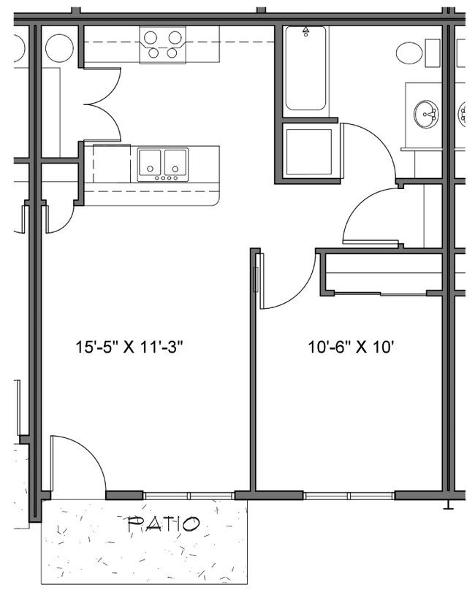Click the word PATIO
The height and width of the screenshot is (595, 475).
(164, 524)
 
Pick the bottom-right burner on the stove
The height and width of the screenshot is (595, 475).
(172, 52)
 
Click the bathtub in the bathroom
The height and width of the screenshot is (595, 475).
(305, 69)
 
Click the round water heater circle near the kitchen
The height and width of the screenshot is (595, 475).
(58, 47)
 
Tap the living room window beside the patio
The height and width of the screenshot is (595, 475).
(189, 496)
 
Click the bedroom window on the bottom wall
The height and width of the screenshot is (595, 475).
(349, 496)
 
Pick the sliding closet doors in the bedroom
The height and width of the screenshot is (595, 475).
(380, 293)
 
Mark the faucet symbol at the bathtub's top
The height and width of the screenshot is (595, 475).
(305, 31)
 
